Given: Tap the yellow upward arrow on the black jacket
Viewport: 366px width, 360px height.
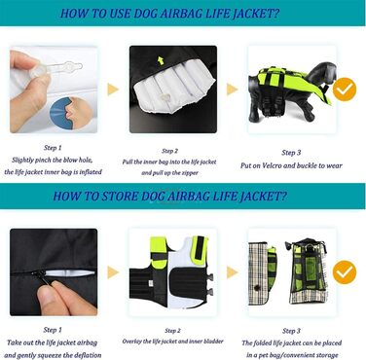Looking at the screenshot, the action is click(161, 60).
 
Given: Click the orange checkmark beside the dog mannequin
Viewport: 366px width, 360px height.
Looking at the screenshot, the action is click(345, 90).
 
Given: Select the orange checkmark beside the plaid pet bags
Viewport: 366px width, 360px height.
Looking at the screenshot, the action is click(345, 272).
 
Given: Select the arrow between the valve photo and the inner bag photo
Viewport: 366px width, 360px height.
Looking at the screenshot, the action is click(113, 90).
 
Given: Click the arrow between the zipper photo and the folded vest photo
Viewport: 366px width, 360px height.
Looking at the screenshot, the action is click(113, 272).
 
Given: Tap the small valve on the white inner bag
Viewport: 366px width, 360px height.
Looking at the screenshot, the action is click(165, 96).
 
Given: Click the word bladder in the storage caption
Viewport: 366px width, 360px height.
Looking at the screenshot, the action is click(213, 342).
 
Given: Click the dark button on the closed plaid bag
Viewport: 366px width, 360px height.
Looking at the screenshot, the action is click(257, 287).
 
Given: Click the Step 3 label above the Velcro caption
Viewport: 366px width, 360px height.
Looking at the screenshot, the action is click(291, 153).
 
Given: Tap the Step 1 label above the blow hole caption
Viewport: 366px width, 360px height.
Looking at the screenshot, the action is click(53, 148).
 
